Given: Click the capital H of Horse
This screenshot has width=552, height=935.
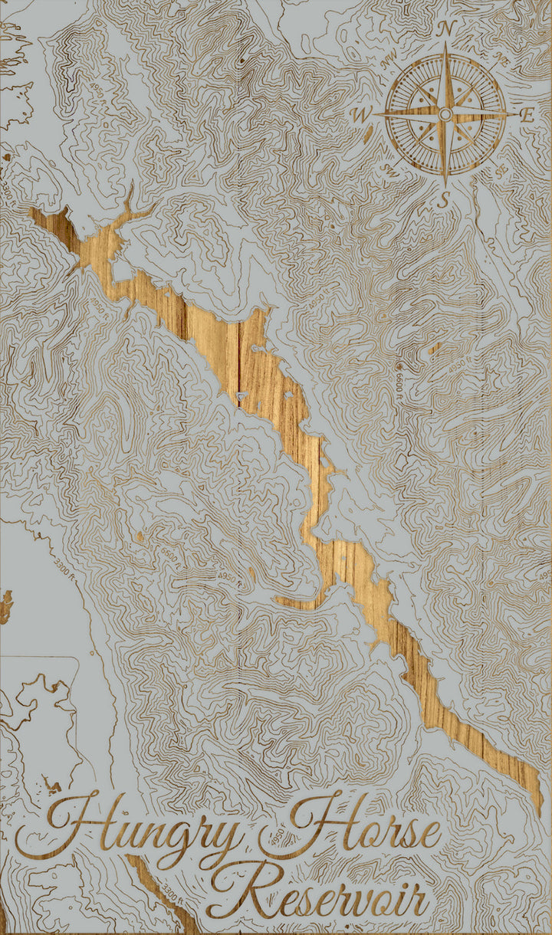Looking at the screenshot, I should click(x=303, y=824).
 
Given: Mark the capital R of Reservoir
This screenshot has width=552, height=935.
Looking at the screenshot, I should click(x=234, y=889).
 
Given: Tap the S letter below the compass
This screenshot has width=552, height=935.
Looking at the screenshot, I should click(x=442, y=201).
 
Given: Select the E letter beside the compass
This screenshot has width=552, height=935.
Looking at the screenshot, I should click(x=527, y=116).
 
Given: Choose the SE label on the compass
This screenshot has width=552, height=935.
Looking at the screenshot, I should click(x=502, y=170).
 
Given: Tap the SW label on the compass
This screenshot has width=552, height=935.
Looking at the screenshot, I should click(x=389, y=170).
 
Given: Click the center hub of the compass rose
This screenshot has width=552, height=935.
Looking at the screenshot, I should click(x=445, y=115).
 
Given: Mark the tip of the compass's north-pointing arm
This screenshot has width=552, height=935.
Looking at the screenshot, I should click(x=445, y=44).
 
